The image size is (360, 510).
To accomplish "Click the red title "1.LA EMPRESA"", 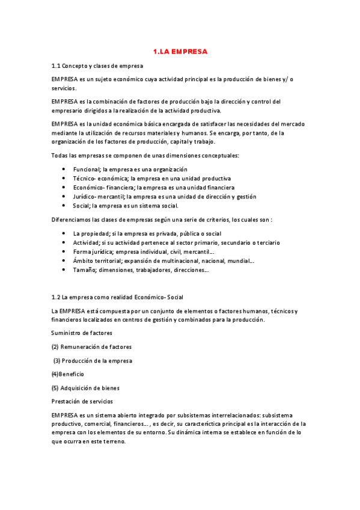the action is [180, 52].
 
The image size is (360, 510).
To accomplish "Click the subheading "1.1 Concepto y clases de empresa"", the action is [97, 66].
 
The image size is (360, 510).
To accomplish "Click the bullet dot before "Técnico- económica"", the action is [64, 179].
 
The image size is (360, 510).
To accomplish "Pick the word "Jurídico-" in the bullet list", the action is [85, 196].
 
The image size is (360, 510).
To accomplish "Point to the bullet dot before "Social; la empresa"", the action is [64, 205].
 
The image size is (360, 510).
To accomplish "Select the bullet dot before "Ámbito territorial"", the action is [64, 261].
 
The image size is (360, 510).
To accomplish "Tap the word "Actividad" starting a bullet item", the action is [86, 242].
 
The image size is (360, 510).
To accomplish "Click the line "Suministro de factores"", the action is [82, 333].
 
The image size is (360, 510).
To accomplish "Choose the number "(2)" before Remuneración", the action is [55, 346].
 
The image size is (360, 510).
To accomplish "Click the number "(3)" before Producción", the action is [57, 360].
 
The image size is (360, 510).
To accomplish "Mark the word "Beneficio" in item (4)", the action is [72, 374].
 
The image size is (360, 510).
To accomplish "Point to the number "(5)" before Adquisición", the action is [55, 388].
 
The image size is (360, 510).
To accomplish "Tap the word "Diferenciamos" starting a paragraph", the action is [73, 220].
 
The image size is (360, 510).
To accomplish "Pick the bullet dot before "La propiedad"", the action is [64, 233].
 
